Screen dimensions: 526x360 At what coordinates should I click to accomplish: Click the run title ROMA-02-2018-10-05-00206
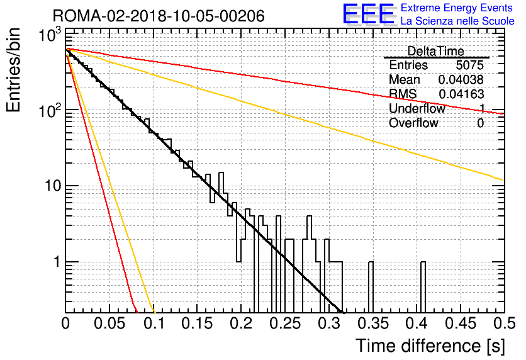(159, 16)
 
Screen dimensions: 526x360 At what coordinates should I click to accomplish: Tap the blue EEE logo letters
(368, 14)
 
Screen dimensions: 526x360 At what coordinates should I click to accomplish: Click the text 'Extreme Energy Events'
(457, 8)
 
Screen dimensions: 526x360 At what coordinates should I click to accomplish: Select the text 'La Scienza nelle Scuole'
(457, 21)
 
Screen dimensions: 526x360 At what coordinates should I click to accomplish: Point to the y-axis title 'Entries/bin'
(13, 70)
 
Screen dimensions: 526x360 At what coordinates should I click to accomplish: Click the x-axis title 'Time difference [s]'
(430, 346)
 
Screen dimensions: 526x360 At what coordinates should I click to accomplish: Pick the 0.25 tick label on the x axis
(285, 323)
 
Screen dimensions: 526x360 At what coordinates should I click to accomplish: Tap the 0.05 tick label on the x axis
(109, 323)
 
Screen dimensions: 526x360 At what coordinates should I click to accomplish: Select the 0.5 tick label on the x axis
(504, 323)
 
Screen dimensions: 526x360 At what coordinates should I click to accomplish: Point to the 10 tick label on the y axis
(53, 185)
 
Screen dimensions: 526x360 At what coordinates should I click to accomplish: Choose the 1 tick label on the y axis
(57, 261)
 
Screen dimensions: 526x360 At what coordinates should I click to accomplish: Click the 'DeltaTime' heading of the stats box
(435, 51)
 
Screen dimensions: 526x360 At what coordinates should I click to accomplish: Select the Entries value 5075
(469, 65)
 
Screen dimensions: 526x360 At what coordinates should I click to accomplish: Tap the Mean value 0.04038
(461, 79)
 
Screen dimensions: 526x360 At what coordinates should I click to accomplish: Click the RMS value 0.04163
(461, 94)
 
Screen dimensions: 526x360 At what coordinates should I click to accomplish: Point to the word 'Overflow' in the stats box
(413, 123)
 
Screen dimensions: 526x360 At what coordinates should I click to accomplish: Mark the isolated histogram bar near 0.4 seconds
(423, 287)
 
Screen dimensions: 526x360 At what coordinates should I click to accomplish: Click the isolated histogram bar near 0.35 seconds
(371, 287)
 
